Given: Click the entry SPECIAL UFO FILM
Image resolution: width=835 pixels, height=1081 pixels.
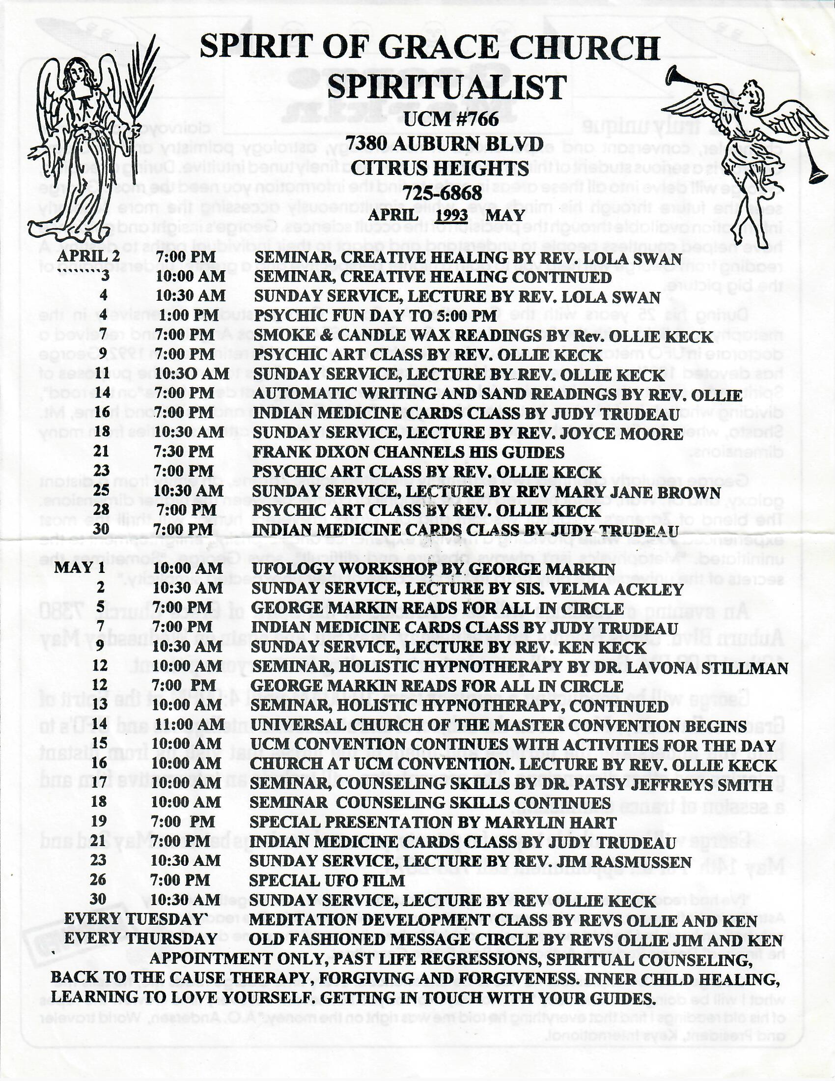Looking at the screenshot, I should [327, 881].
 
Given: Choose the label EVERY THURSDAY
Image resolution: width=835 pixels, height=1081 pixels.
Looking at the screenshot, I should [140, 939].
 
